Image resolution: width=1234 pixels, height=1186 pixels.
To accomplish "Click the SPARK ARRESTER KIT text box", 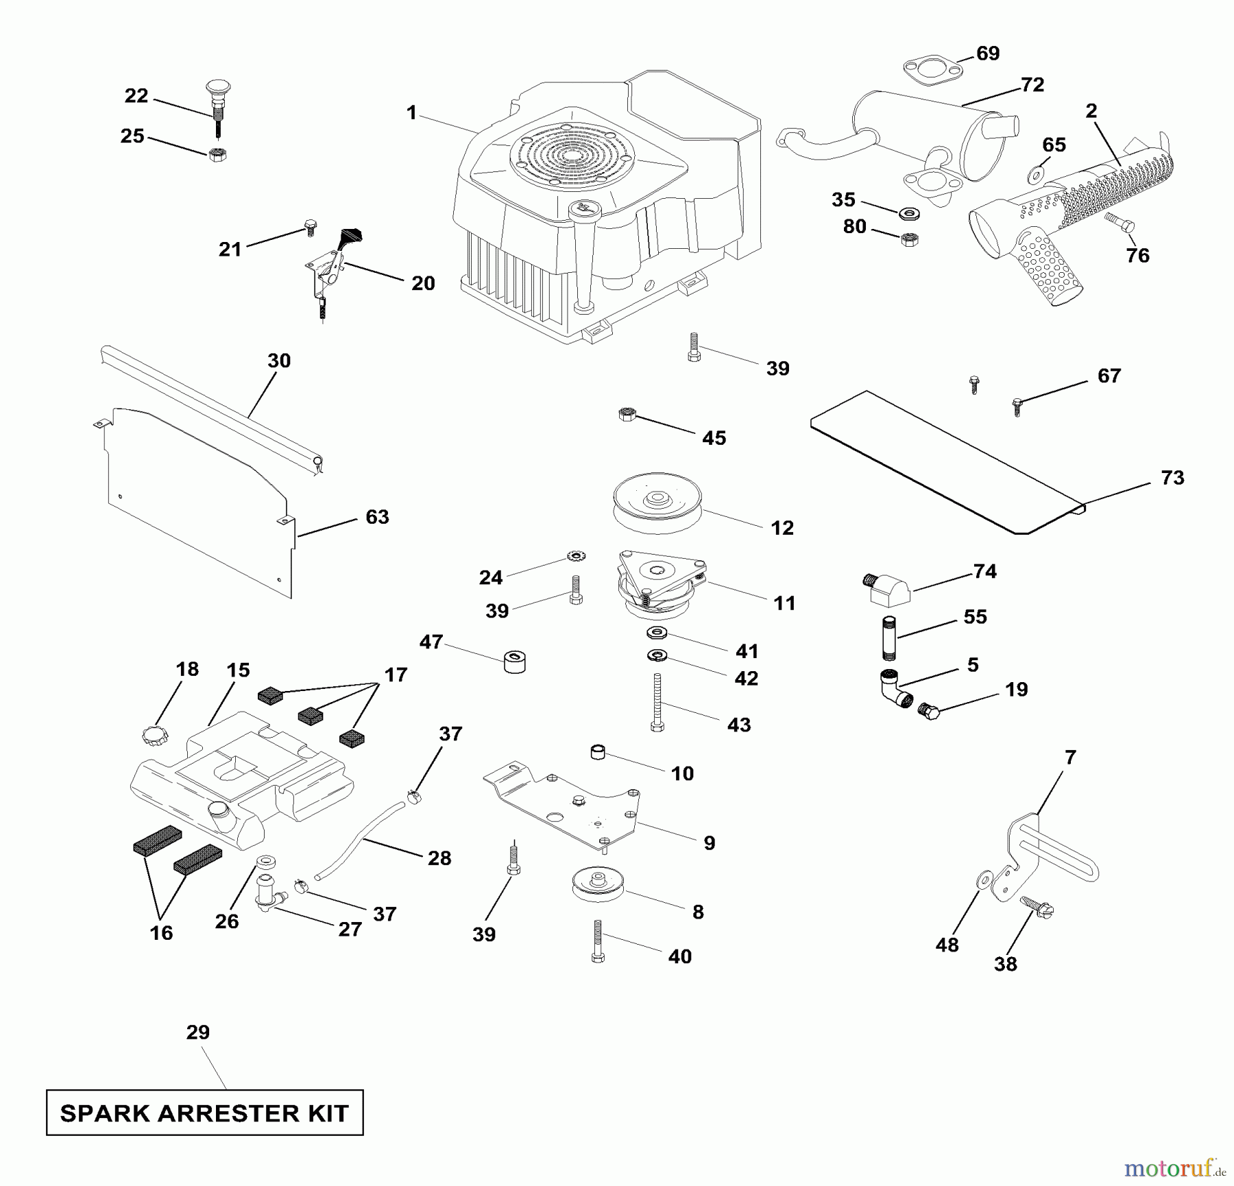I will click(204, 1113).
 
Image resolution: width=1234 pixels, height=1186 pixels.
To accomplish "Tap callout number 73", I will click(1172, 478).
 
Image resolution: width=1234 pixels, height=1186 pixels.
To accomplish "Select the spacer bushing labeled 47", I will click(514, 662).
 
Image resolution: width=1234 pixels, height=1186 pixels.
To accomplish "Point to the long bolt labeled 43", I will click(657, 703).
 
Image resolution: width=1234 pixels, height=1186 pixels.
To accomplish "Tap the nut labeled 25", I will click(217, 154).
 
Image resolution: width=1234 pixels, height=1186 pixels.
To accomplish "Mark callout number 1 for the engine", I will click(411, 112).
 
